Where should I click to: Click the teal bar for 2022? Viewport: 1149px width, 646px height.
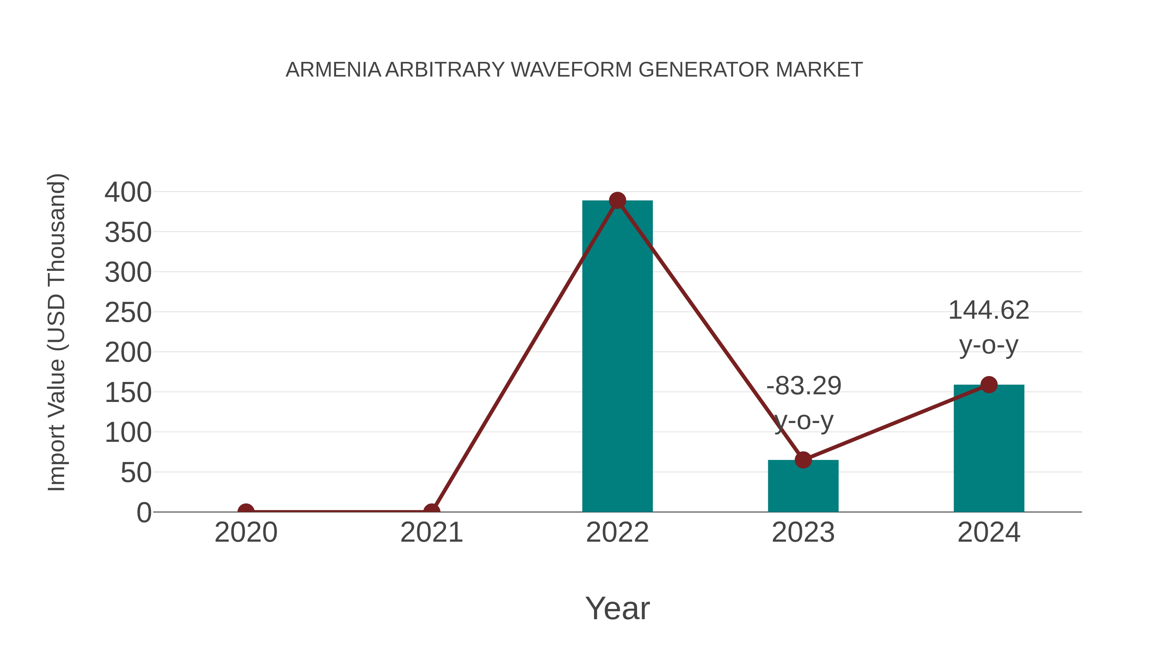pos(617,357)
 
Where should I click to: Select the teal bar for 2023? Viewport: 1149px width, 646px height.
pos(803,488)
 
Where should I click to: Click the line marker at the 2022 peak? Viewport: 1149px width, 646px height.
pos(617,201)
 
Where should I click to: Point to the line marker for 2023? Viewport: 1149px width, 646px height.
pos(803,460)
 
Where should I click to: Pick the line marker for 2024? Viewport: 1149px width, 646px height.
pos(989,384)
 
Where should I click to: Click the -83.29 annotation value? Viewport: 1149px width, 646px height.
pos(804,386)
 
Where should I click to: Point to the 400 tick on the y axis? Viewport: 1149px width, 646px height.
pos(128,193)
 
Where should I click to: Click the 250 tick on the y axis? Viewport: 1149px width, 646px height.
pos(128,313)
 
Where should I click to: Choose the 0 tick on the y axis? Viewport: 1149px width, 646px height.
pos(144,512)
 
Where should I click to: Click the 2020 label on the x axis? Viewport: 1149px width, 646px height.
pos(246,532)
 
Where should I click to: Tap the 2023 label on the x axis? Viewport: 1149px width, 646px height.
pos(803,532)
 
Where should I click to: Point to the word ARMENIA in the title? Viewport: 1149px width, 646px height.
pos(333,70)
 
